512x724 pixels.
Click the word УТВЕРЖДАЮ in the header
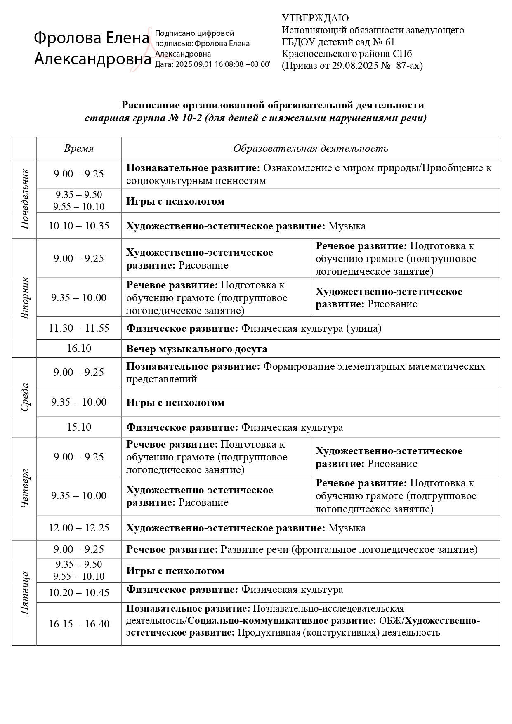(x=315, y=18)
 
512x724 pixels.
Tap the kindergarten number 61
(x=389, y=42)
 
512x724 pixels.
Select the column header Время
(x=79, y=149)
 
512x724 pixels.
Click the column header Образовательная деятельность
(x=310, y=149)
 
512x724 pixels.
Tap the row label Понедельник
(x=24, y=199)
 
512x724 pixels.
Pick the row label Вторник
(x=24, y=298)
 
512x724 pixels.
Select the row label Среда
(x=24, y=397)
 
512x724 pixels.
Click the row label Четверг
(x=24, y=488)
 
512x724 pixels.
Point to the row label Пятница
(x=24, y=592)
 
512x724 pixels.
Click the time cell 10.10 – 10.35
(x=79, y=226)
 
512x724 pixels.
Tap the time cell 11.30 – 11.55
(x=79, y=328)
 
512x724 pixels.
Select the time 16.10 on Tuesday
(x=79, y=349)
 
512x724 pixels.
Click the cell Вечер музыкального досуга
(x=196, y=349)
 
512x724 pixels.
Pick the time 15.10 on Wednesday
(x=79, y=427)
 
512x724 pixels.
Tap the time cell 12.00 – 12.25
(x=79, y=528)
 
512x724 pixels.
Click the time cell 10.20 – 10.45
(x=79, y=593)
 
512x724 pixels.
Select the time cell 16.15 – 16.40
(x=79, y=624)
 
